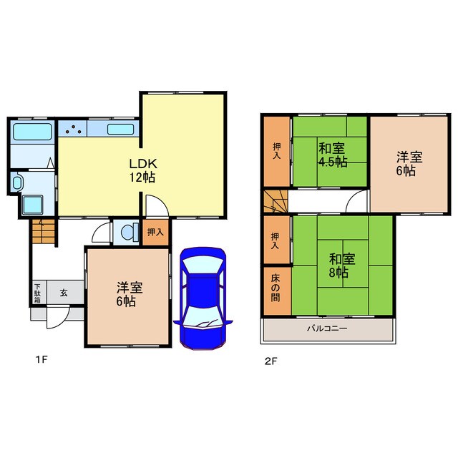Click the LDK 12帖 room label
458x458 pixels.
(x=143, y=170)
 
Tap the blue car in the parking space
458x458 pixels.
(x=203, y=298)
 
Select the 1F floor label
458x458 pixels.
(x=42, y=359)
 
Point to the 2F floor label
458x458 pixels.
(x=271, y=361)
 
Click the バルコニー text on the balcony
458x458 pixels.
(x=327, y=328)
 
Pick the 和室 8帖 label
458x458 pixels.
(x=342, y=265)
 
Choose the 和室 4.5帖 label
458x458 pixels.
(x=332, y=155)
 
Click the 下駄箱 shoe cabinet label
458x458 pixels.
(x=37, y=293)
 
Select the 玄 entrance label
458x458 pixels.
(x=64, y=293)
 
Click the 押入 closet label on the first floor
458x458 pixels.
(x=155, y=232)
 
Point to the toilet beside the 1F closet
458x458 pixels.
(x=130, y=233)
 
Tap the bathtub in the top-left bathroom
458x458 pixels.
(x=32, y=132)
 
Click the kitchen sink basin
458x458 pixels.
(x=121, y=130)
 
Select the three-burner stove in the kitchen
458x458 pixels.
(x=73, y=129)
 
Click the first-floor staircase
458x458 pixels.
(x=44, y=231)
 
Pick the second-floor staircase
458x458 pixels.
(x=276, y=201)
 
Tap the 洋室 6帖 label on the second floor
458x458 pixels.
(x=409, y=164)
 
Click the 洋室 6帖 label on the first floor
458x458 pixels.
(x=130, y=294)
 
